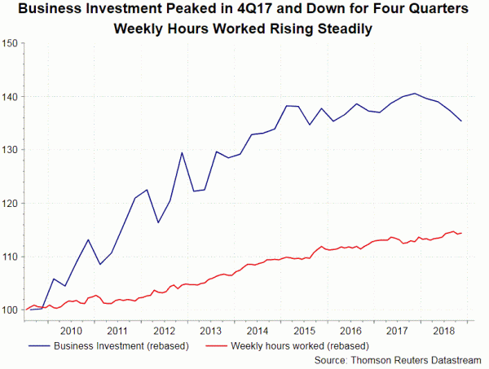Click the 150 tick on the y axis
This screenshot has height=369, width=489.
[11, 43]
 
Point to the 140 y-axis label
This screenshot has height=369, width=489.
[11, 97]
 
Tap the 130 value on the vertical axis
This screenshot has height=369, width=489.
[11, 150]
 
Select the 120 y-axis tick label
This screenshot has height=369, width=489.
[11, 204]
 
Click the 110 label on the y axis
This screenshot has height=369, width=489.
[11, 257]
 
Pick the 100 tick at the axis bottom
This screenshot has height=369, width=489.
[11, 310]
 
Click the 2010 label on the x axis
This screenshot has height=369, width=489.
[71, 331]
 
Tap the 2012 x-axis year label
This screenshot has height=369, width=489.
[164, 331]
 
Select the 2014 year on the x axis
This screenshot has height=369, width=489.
[257, 331]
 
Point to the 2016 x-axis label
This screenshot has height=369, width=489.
[350, 331]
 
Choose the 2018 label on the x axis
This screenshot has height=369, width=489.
[444, 331]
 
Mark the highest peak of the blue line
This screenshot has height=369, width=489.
[415, 94]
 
